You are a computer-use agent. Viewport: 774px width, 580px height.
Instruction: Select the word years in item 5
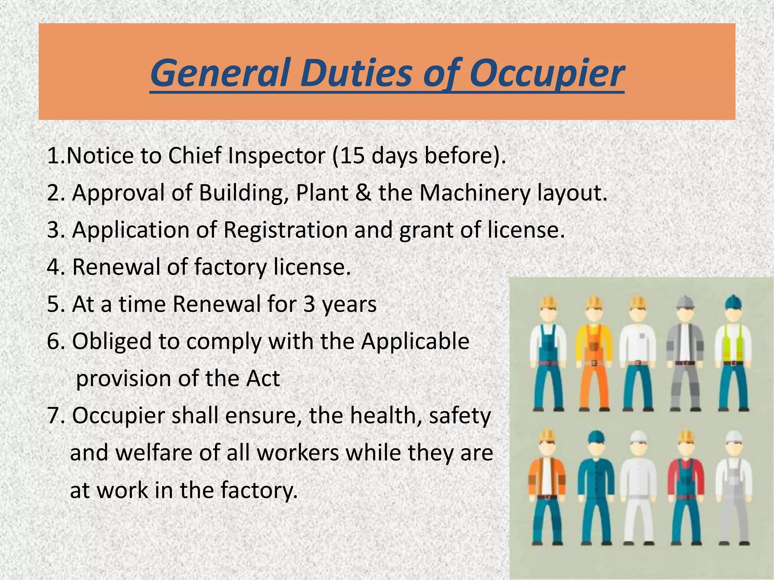pyautogui.click(x=349, y=304)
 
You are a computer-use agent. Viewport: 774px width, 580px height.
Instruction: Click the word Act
pyautogui.click(x=263, y=378)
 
